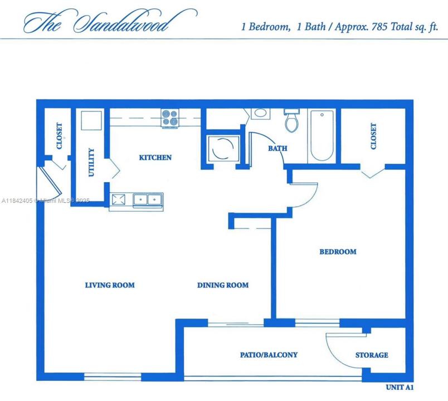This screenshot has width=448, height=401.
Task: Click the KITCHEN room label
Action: (x=155, y=158)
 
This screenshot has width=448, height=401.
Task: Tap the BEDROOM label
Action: (x=338, y=252)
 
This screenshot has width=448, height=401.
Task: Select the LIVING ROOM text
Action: (x=110, y=285)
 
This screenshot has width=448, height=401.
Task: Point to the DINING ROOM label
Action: (x=223, y=285)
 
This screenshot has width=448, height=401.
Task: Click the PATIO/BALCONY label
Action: (x=269, y=355)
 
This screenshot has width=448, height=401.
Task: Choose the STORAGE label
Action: (x=372, y=355)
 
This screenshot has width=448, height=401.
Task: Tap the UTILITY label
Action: (x=92, y=162)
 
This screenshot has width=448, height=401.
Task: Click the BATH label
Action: (x=277, y=149)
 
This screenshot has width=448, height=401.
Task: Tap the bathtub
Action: (x=322, y=135)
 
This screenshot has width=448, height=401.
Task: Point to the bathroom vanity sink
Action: (x=260, y=114)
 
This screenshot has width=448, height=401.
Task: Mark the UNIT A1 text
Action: (x=400, y=387)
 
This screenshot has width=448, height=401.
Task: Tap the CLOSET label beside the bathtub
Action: (x=373, y=136)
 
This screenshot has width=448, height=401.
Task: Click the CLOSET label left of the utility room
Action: (x=60, y=136)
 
